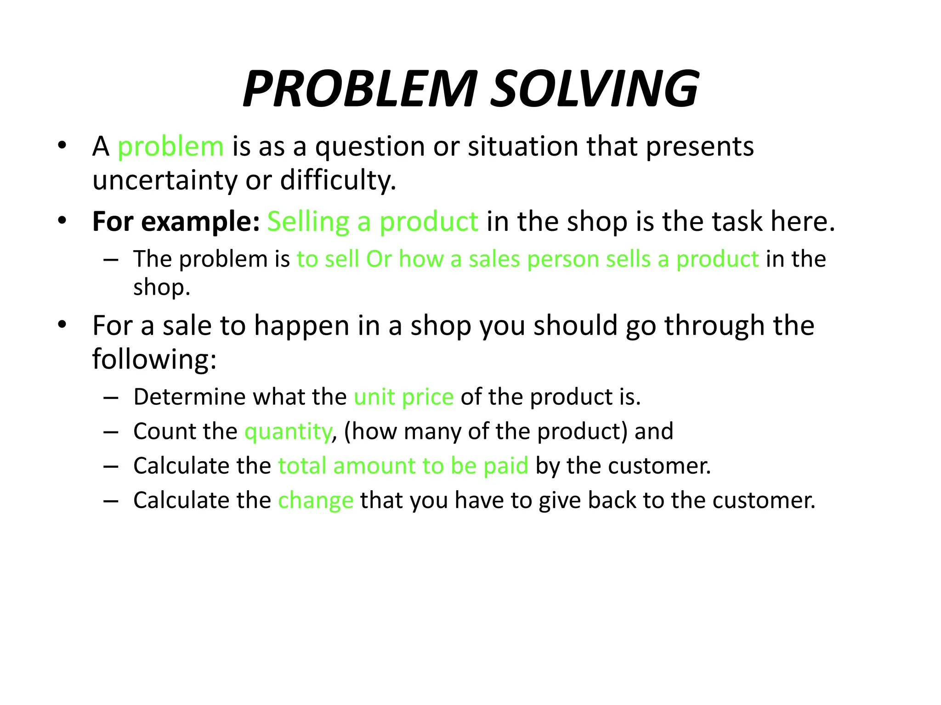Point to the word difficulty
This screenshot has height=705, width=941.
(x=338, y=180)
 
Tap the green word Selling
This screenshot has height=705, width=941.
(x=308, y=222)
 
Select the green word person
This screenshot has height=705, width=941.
(x=562, y=260)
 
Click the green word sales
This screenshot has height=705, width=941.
(x=494, y=259)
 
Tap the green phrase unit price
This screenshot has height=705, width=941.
(x=403, y=397)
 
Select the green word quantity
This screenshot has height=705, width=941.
(x=288, y=432)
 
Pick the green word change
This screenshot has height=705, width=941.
(x=316, y=501)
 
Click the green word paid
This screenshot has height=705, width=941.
(x=506, y=466)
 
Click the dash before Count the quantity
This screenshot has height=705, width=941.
(x=111, y=432)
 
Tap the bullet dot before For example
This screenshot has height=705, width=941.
(x=62, y=221)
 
